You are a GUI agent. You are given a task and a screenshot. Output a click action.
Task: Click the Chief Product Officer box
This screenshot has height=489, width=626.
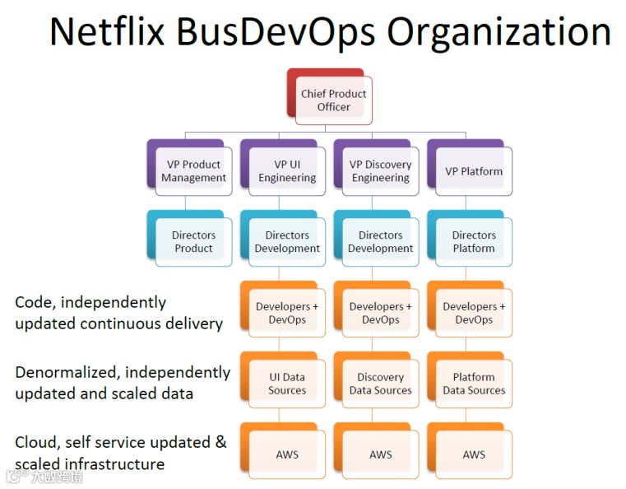pyautogui.click(x=333, y=100)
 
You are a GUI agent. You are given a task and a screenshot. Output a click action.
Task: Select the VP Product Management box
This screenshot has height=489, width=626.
pyautogui.click(x=193, y=171)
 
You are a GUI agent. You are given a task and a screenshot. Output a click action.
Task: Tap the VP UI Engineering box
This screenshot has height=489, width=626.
pyautogui.click(x=287, y=171)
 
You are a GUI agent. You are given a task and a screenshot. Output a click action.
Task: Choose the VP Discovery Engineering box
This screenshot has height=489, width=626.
pyautogui.click(x=380, y=171)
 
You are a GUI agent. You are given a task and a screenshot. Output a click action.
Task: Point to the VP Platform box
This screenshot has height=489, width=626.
pyautogui.click(x=474, y=171)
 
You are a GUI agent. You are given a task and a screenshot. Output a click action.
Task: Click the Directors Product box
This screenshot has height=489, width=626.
pyautogui.click(x=193, y=242)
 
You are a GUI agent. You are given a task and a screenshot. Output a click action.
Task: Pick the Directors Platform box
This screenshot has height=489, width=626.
pyautogui.click(x=474, y=242)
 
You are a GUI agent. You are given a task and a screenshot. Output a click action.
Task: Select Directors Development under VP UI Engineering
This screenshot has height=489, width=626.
pyautogui.click(x=287, y=242)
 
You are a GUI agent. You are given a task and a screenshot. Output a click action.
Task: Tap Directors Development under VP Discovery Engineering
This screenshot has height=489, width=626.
pyautogui.click(x=380, y=242)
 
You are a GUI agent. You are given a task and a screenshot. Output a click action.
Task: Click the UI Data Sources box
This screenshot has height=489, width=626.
pyautogui.click(x=287, y=384)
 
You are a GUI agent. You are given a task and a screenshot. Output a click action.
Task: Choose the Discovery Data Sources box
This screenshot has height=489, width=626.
pyautogui.click(x=380, y=384)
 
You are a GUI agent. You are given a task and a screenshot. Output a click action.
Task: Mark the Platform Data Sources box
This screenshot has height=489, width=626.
pyautogui.click(x=474, y=384)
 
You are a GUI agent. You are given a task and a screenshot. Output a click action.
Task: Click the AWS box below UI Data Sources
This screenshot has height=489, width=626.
pyautogui.click(x=287, y=454)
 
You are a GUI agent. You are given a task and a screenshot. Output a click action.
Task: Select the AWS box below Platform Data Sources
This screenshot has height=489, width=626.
pyautogui.click(x=474, y=454)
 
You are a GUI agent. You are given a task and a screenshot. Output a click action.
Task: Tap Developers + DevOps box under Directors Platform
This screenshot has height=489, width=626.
pyautogui.click(x=474, y=313)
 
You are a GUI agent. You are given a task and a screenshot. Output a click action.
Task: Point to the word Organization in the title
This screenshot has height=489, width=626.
pyautogui.click(x=499, y=33)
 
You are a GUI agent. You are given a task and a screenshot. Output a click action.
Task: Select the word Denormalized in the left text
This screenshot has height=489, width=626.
pyautogui.click(x=67, y=372)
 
